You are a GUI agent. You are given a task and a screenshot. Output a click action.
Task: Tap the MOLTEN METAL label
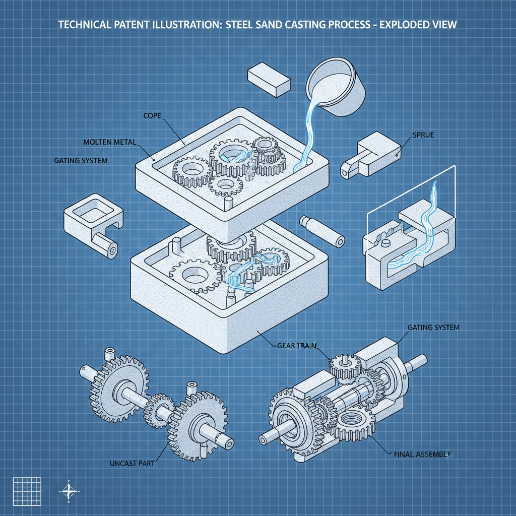tap(109, 142)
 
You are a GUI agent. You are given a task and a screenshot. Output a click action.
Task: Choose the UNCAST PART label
tap(132, 463)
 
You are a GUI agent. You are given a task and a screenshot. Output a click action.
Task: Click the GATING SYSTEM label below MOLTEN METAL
tap(81, 161)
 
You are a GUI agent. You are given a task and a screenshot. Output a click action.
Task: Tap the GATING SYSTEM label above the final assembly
tap(433, 328)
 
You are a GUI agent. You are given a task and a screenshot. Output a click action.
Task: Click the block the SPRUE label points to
tap(370, 154)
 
